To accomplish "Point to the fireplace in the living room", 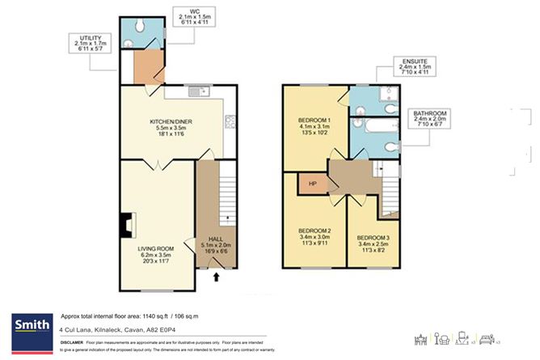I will (x=124, y=224).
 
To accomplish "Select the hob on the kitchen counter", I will (x=229, y=124).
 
